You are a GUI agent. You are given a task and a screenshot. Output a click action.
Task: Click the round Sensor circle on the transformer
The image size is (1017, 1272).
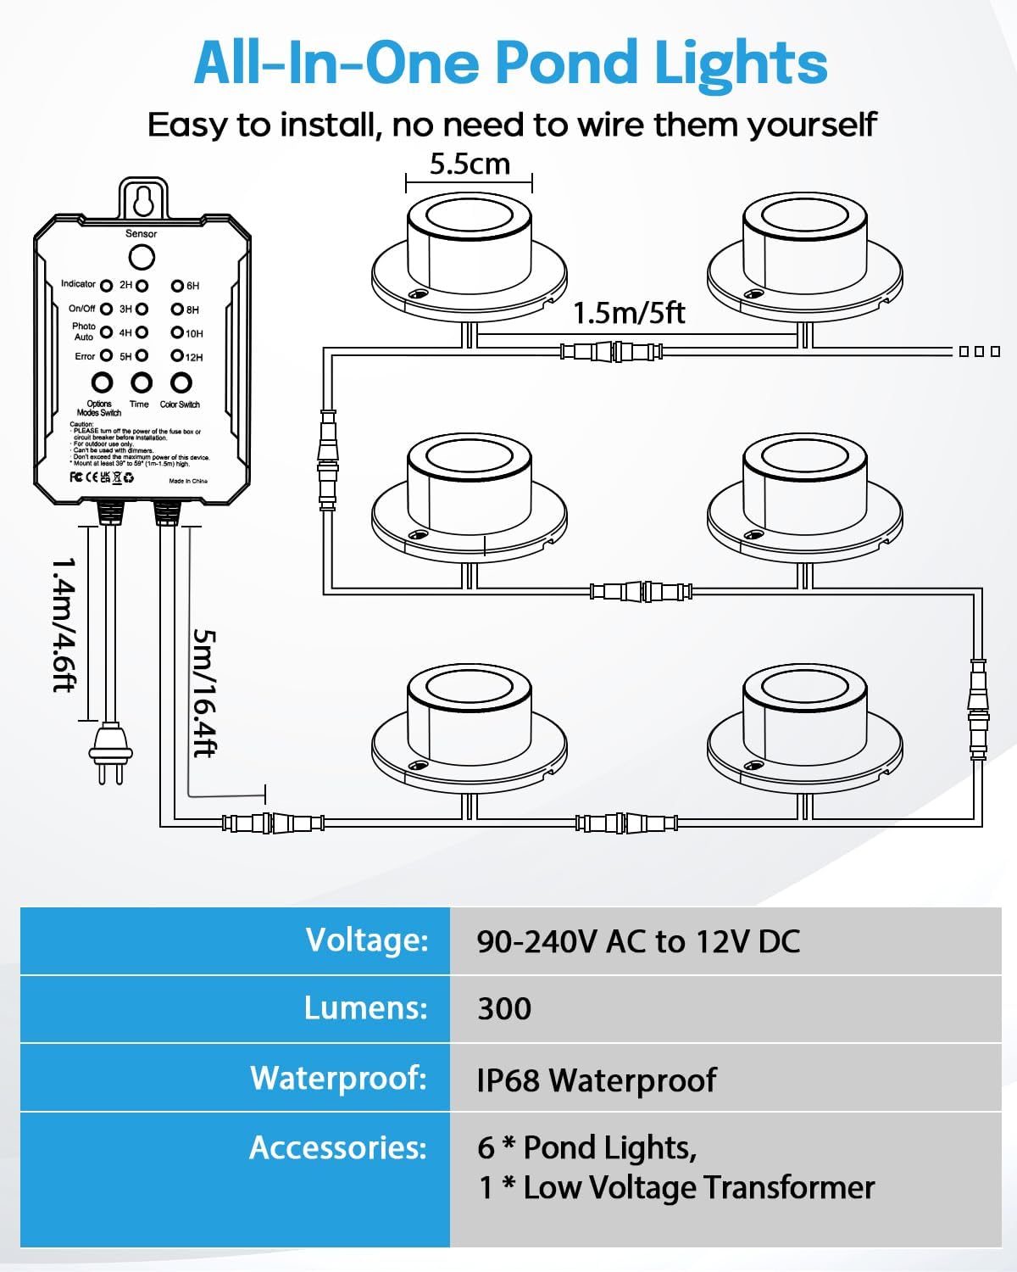(142, 258)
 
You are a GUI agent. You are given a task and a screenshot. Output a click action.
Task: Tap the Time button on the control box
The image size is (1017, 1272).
(142, 383)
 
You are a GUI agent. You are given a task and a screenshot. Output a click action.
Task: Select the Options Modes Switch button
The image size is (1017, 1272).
(102, 383)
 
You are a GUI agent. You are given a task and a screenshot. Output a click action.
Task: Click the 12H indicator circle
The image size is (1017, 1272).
(177, 356)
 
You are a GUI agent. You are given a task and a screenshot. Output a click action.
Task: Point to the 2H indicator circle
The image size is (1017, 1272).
(142, 286)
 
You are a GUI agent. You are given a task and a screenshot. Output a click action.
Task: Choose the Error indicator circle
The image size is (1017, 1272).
(106, 356)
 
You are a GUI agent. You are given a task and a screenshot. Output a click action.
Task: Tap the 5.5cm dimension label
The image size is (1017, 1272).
(470, 164)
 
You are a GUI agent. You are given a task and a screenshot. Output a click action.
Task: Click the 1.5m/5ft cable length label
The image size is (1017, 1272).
(629, 314)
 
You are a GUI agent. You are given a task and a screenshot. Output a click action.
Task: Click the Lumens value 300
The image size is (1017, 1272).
(504, 1009)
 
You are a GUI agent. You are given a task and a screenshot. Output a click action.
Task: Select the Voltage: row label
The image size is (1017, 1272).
(367, 940)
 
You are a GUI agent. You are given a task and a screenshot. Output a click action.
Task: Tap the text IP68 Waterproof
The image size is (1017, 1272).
(596, 1080)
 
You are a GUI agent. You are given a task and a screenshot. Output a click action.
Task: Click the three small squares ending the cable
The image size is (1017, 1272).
(980, 351)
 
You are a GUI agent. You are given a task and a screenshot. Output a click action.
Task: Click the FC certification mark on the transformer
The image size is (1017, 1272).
(76, 477)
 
